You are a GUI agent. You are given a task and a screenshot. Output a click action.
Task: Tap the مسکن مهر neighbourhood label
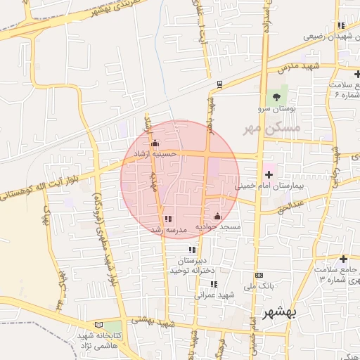[x=271, y=129]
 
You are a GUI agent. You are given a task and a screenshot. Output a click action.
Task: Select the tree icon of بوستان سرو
[x=276, y=97]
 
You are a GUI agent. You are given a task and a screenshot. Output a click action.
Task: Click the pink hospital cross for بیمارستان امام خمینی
[x=269, y=173]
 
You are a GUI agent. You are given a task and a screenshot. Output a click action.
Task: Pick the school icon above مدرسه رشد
[x=167, y=219]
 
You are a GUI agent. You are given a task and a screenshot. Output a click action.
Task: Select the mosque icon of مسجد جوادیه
[x=217, y=217]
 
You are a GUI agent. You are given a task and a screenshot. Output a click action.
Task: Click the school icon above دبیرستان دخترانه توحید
[x=192, y=249]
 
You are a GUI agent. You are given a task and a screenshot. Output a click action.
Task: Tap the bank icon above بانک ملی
[x=259, y=275]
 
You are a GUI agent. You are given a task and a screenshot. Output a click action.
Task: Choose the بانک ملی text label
[x=258, y=286]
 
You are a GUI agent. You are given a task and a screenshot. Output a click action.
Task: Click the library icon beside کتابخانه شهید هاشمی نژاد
[x=98, y=326]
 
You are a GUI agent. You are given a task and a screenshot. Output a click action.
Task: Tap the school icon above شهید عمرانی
[x=213, y=284]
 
